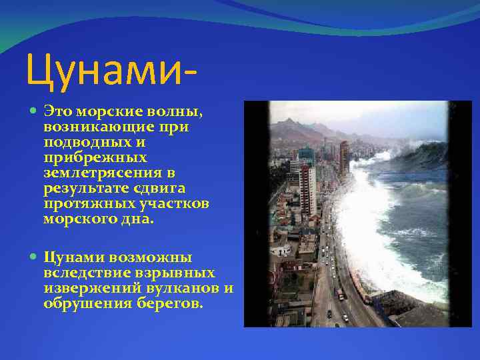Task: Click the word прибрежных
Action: [x=85, y=158]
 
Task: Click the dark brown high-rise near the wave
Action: [x=344, y=157]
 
